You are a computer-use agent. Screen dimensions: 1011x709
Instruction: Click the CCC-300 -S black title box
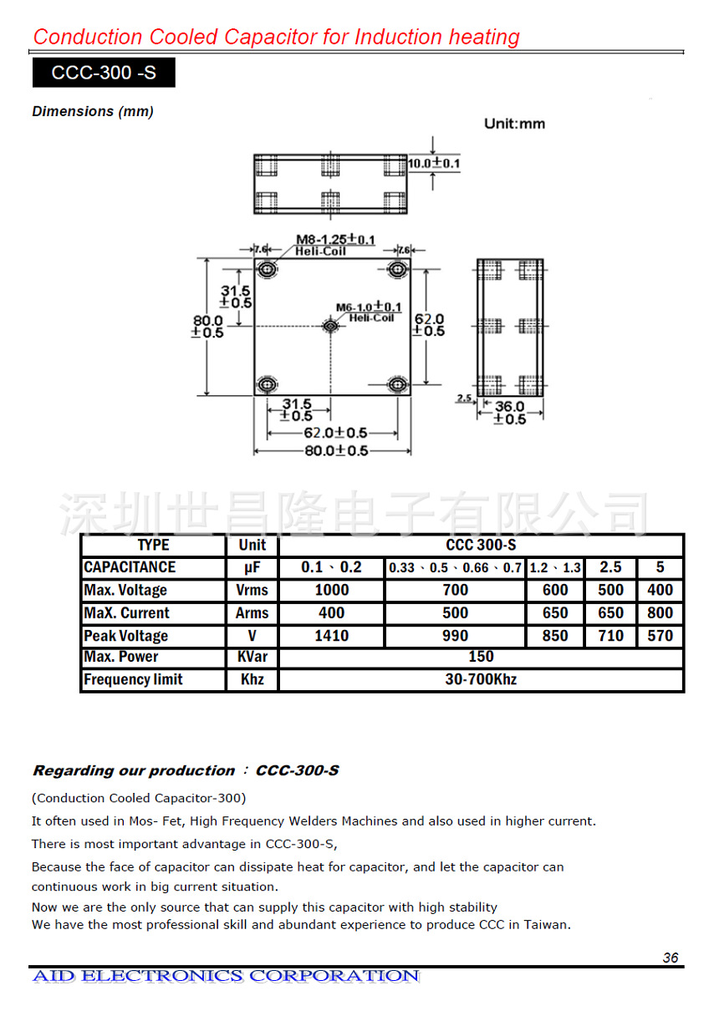(104, 73)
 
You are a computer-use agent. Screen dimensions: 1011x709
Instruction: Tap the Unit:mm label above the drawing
(514, 124)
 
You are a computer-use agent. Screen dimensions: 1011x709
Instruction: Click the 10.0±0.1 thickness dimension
(434, 163)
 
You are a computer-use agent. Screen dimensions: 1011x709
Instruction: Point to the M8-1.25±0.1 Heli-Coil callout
(334, 244)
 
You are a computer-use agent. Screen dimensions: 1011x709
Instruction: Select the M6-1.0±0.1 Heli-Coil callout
(369, 312)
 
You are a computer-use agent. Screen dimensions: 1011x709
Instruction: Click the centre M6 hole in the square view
(331, 325)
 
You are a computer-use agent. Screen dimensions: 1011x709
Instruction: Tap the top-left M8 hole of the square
(268, 269)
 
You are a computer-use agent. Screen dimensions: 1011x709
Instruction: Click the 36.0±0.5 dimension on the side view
(509, 412)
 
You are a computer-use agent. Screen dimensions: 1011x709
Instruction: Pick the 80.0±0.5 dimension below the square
(334, 451)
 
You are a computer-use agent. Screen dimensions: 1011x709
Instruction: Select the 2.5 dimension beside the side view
(465, 399)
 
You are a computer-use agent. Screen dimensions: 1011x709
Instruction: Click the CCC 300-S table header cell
(481, 546)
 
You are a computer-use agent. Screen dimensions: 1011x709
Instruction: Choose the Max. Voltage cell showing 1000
(331, 590)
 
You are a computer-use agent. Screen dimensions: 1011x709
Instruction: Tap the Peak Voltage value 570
(660, 636)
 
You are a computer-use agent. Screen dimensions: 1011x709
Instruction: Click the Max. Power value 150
(481, 657)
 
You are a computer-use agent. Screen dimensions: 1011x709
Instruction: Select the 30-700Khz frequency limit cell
(481, 679)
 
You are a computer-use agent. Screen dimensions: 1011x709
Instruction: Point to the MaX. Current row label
(125, 612)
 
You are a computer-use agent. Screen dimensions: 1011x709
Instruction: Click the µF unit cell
(252, 567)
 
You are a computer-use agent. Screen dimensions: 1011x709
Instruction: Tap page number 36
(671, 958)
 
